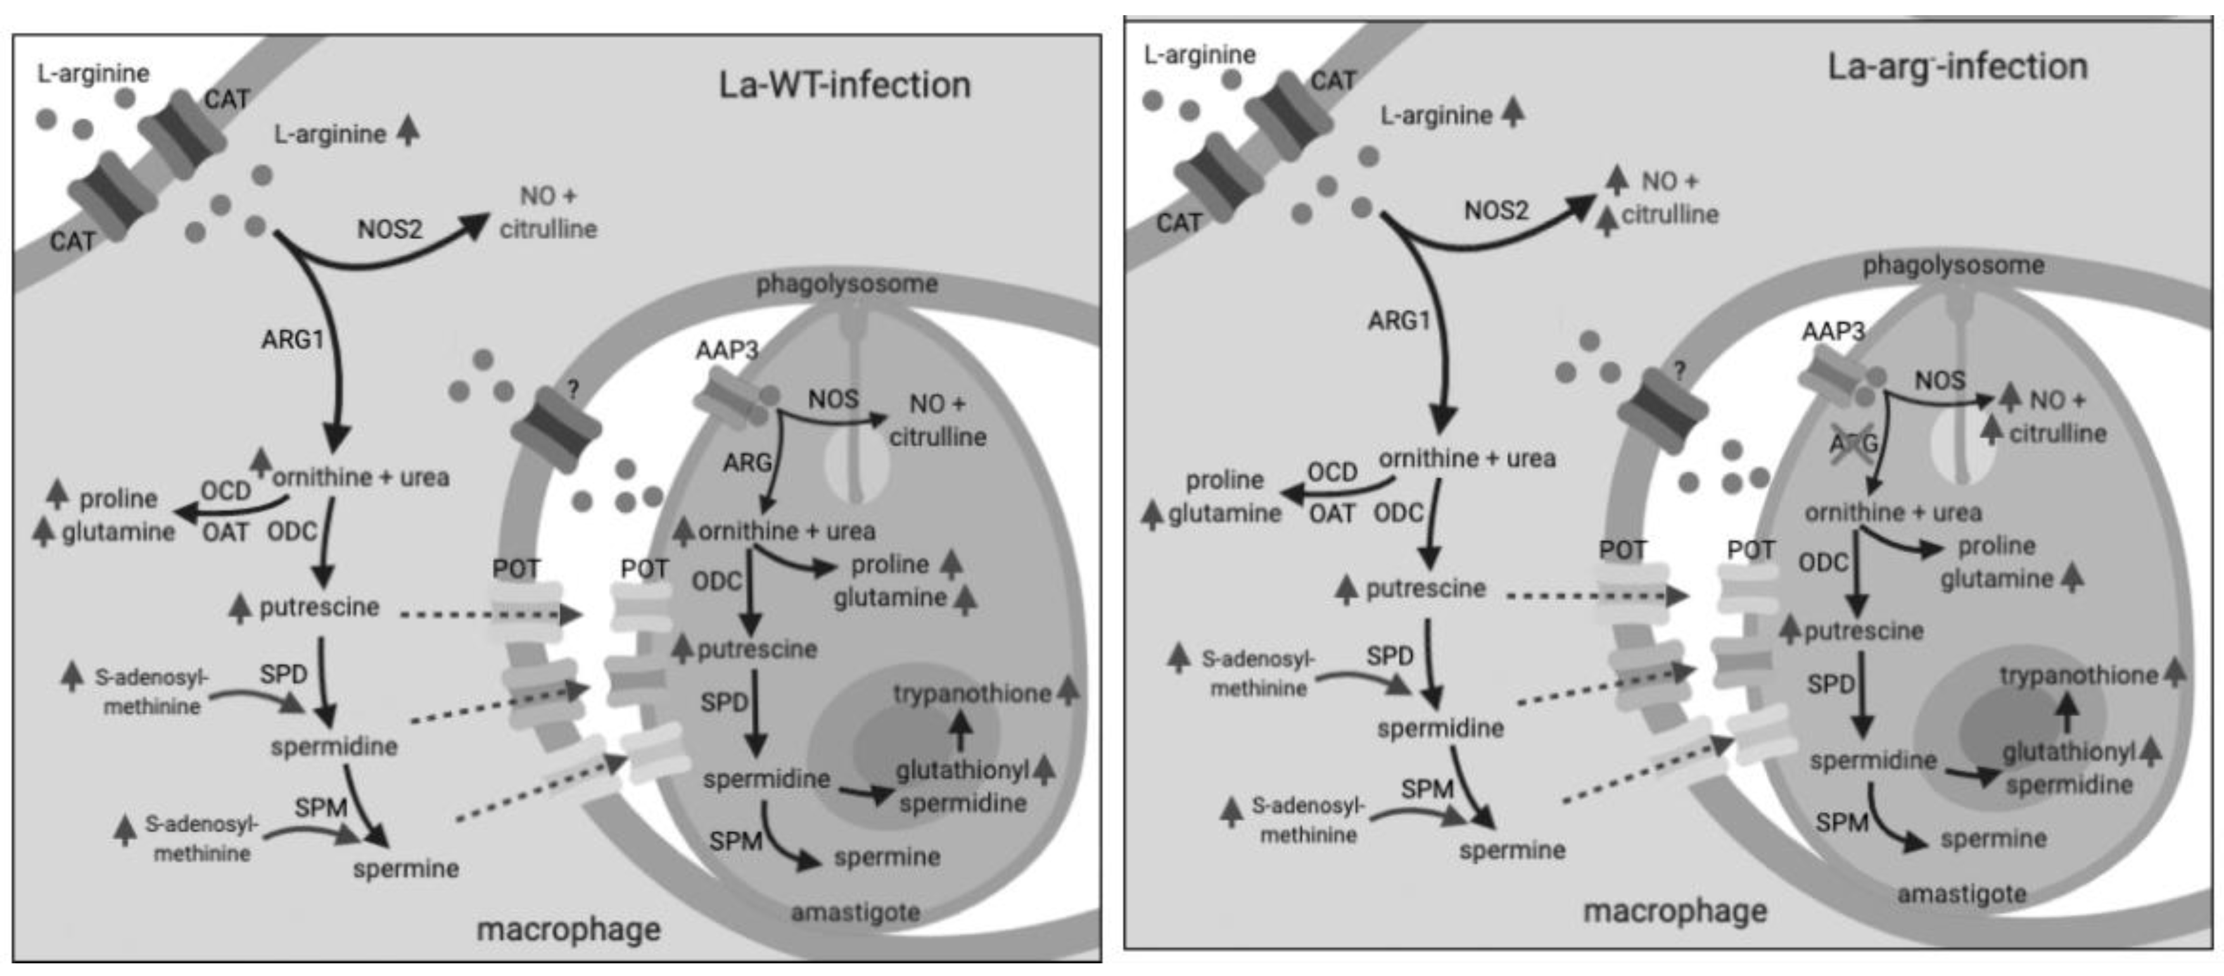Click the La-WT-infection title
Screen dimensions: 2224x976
tap(844, 85)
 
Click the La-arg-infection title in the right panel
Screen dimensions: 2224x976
tap(1957, 66)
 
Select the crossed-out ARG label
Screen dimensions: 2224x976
tap(1853, 442)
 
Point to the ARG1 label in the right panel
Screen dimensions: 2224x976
tap(1399, 321)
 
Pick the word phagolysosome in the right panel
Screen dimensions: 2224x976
tap(1953, 265)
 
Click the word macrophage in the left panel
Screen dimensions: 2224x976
tap(568, 929)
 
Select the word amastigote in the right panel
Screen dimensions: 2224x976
tap(1962, 894)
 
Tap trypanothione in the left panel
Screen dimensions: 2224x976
tap(971, 693)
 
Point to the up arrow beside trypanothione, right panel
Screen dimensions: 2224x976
tap(2175, 673)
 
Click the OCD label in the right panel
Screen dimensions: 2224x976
tap(1332, 472)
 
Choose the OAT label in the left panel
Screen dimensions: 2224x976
tap(226, 532)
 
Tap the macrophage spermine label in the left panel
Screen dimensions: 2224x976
tap(406, 868)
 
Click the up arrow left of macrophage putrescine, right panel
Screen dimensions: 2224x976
tap(1346, 589)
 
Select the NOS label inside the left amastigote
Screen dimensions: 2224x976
tap(833, 399)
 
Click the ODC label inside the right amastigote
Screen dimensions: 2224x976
tap(1822, 563)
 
